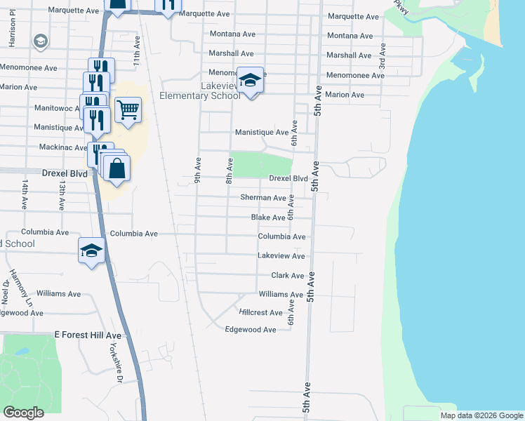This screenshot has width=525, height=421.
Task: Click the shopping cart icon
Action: pyautogui.click(x=128, y=110)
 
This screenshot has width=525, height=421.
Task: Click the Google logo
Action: pyautogui.click(x=23, y=413)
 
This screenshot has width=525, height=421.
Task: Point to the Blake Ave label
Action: pyautogui.click(x=268, y=218)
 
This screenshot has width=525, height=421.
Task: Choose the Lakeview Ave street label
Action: pyautogui.click(x=281, y=256)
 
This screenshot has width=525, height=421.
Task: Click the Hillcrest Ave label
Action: pyautogui.click(x=261, y=312)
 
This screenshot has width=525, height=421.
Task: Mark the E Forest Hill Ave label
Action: pyautogui.click(x=88, y=336)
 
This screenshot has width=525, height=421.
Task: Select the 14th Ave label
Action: pyautogui.click(x=25, y=195)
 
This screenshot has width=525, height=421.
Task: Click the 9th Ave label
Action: pyautogui.click(x=198, y=171)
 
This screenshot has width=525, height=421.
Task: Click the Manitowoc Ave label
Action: pyautogui.click(x=60, y=109)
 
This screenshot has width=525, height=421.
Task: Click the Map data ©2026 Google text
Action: pyautogui.click(x=481, y=415)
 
